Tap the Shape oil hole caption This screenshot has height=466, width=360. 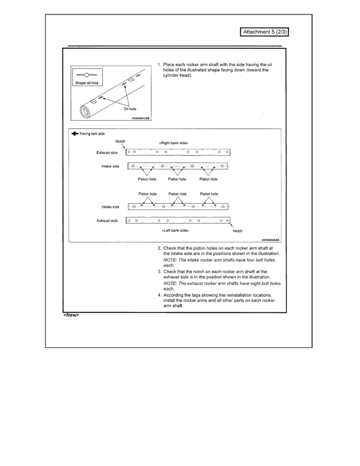click(x=86, y=83)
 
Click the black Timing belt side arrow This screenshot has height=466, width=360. click(x=74, y=134)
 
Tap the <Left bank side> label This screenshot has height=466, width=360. click(x=175, y=230)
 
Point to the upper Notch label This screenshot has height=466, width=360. click(x=120, y=141)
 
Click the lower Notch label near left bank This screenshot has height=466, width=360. click(x=237, y=231)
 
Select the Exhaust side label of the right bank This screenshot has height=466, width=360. click(x=107, y=153)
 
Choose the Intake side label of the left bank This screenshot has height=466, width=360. click(x=110, y=207)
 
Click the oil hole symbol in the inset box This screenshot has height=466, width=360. click(x=87, y=75)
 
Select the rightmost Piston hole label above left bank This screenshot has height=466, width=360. click(x=209, y=194)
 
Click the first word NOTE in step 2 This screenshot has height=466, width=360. click(x=169, y=260)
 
